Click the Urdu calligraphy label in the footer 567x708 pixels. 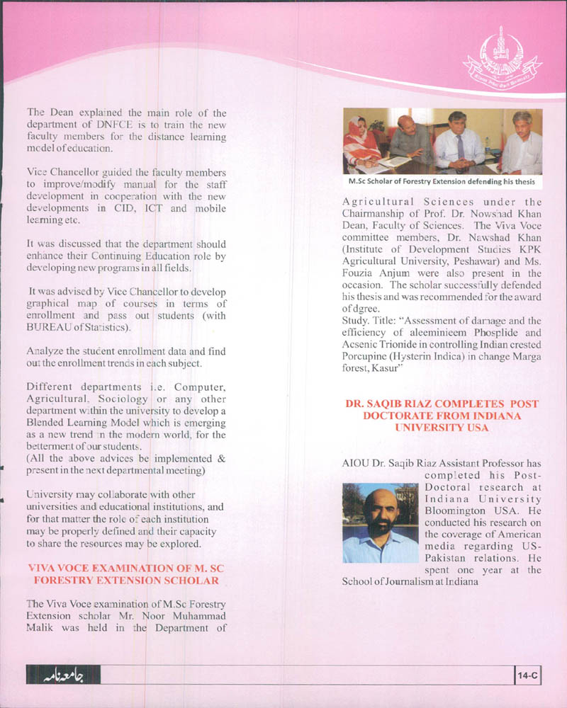63,676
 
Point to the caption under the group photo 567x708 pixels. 442,182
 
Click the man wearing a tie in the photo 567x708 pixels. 458,142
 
